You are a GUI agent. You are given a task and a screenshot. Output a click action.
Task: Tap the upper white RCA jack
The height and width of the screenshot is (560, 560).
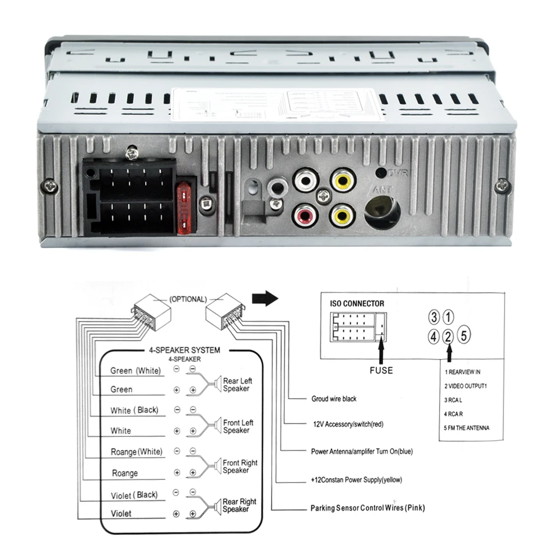[305, 181]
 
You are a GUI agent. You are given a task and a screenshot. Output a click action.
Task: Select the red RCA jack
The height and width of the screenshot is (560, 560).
[305, 214]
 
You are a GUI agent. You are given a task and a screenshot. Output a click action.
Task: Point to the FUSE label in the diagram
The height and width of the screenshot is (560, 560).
[381, 370]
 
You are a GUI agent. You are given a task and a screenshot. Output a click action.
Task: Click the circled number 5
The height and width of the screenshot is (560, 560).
[463, 337]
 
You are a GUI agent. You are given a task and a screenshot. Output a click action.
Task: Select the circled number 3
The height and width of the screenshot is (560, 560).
[433, 318]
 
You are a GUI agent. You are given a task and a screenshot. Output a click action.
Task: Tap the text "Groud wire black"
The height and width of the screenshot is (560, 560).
[334, 399]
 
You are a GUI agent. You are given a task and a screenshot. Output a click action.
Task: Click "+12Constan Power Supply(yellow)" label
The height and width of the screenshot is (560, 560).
[357, 480]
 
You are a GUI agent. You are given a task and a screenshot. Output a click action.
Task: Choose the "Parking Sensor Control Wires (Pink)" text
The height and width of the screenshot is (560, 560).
[367, 508]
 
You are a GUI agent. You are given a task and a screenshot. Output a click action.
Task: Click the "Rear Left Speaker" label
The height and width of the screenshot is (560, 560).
[237, 385]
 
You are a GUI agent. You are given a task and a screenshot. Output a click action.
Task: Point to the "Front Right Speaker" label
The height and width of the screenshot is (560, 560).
[240, 466]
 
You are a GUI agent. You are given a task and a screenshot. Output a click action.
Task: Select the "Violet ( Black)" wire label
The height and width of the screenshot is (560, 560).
[134, 495]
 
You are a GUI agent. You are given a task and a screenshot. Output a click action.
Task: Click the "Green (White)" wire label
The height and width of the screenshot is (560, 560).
[135, 371]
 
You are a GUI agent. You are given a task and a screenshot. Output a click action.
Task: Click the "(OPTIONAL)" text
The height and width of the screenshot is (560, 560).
[188, 300]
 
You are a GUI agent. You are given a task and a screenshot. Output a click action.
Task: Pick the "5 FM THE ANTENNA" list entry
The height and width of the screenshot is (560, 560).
[467, 428]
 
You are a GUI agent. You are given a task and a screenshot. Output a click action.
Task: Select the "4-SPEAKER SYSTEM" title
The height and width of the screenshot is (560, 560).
[184, 350]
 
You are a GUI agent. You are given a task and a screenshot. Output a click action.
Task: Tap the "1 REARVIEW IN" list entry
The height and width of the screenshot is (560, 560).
[463, 372]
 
